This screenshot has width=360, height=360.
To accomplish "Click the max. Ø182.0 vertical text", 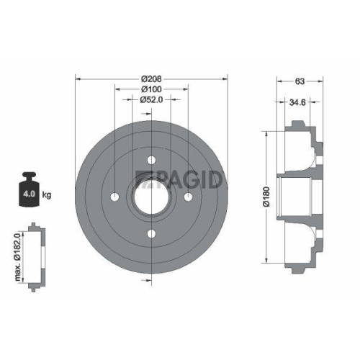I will click(x=17, y=258).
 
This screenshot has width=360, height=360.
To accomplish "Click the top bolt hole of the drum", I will click(x=151, y=160).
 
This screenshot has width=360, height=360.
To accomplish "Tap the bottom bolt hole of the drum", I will click(x=151, y=233).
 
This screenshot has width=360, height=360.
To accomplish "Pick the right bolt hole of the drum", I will click(x=188, y=197).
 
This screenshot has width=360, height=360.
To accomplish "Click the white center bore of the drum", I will click(x=151, y=197).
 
